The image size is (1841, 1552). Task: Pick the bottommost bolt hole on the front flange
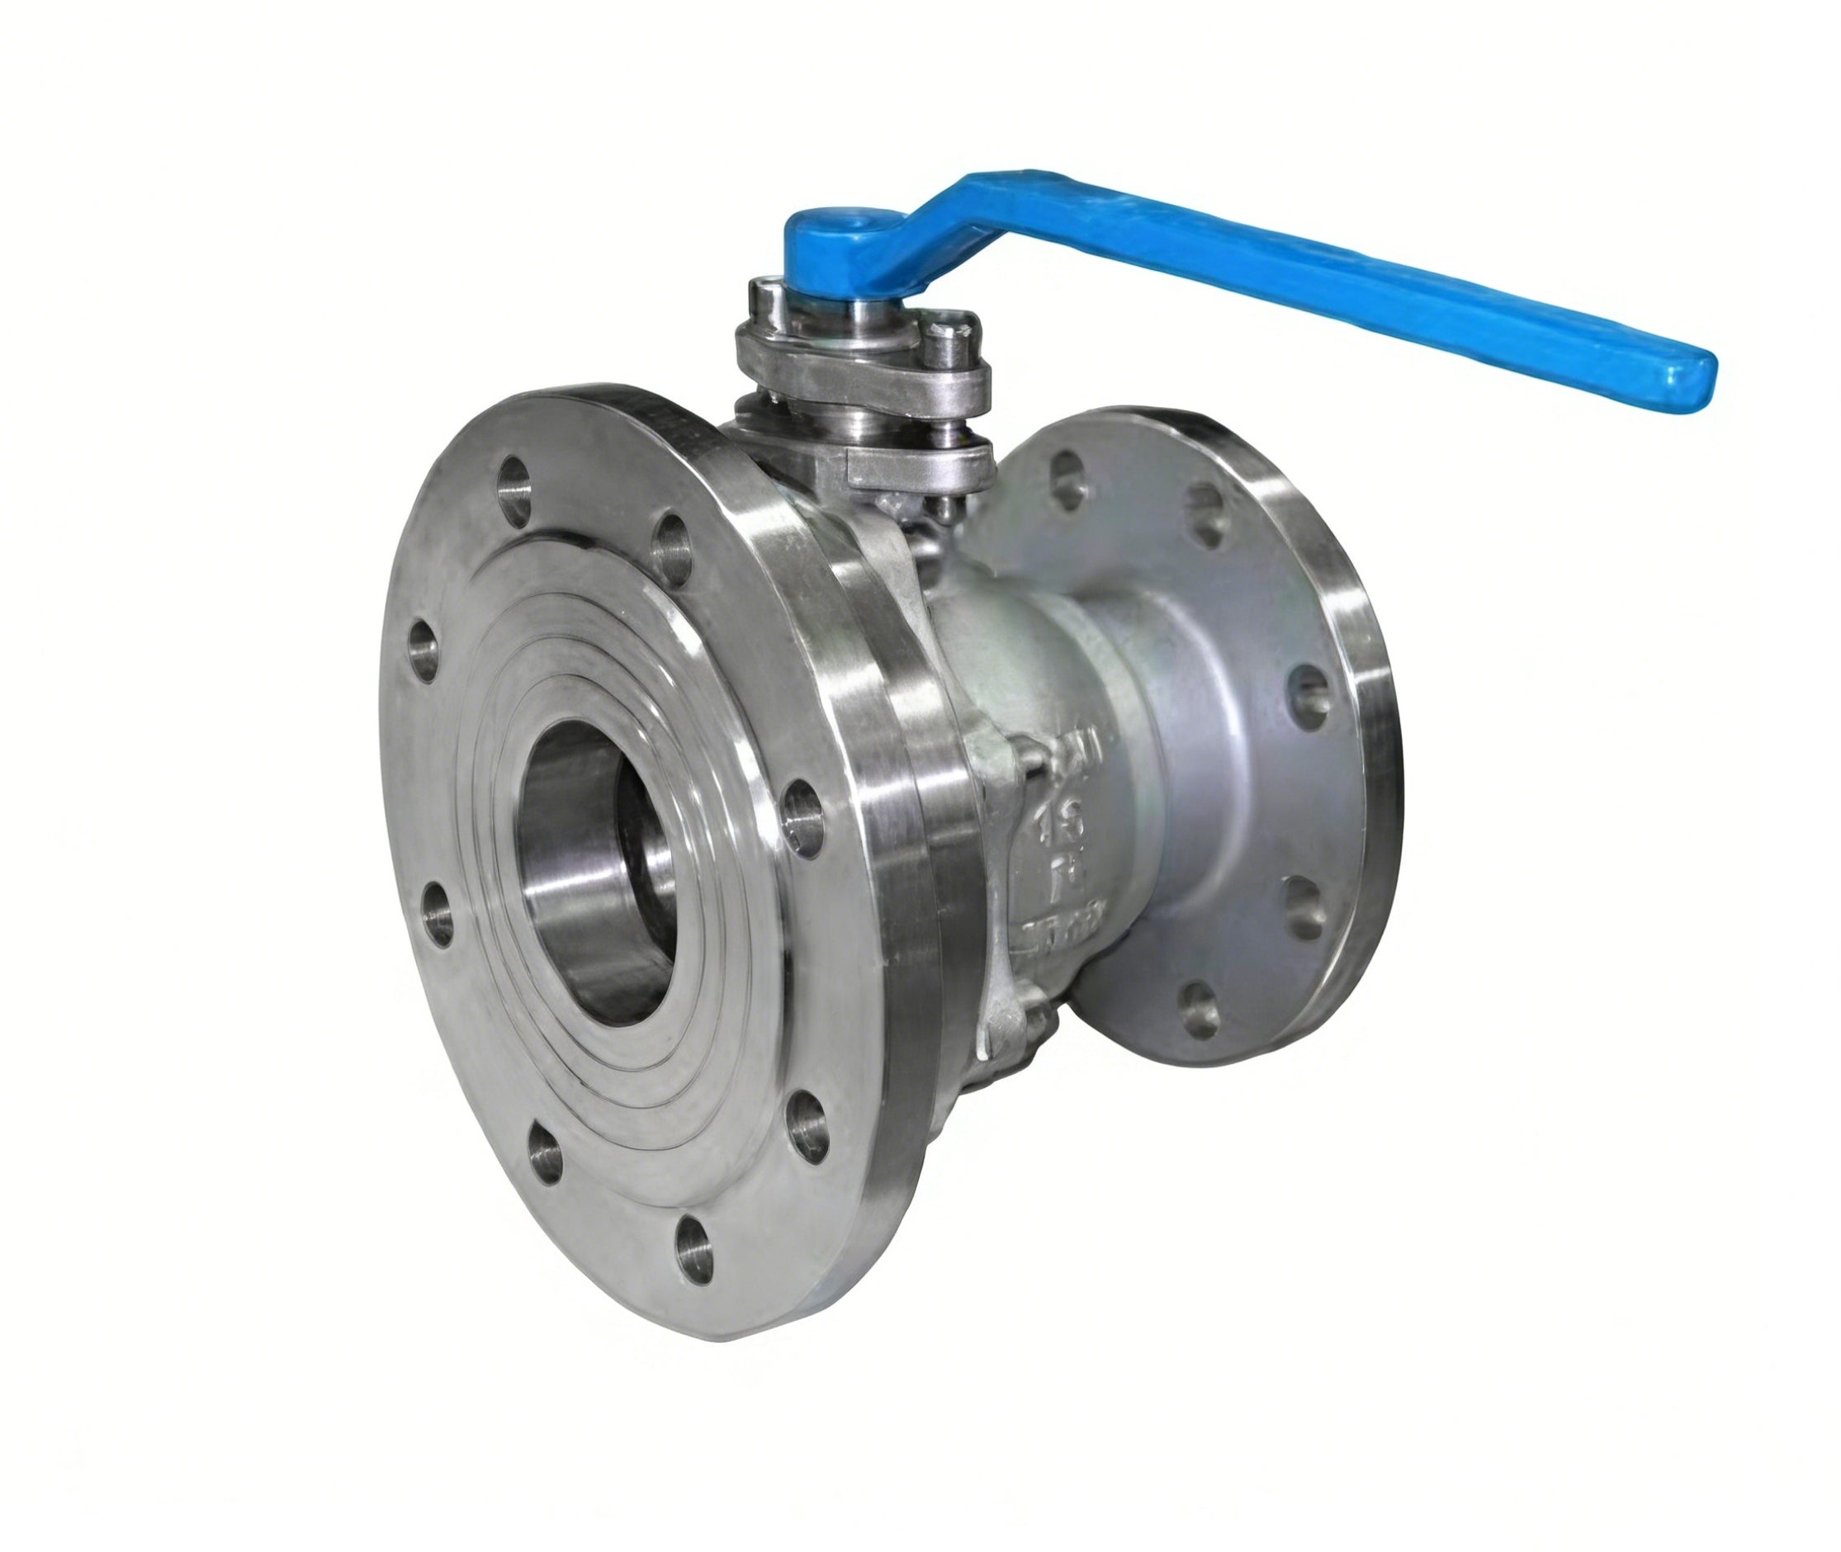pyautogui.click(x=694, y=1244)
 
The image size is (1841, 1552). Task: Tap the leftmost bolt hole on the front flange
pyautogui.click(x=424, y=650)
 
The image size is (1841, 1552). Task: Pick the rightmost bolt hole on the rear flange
pyautogui.click(x=1313, y=695)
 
